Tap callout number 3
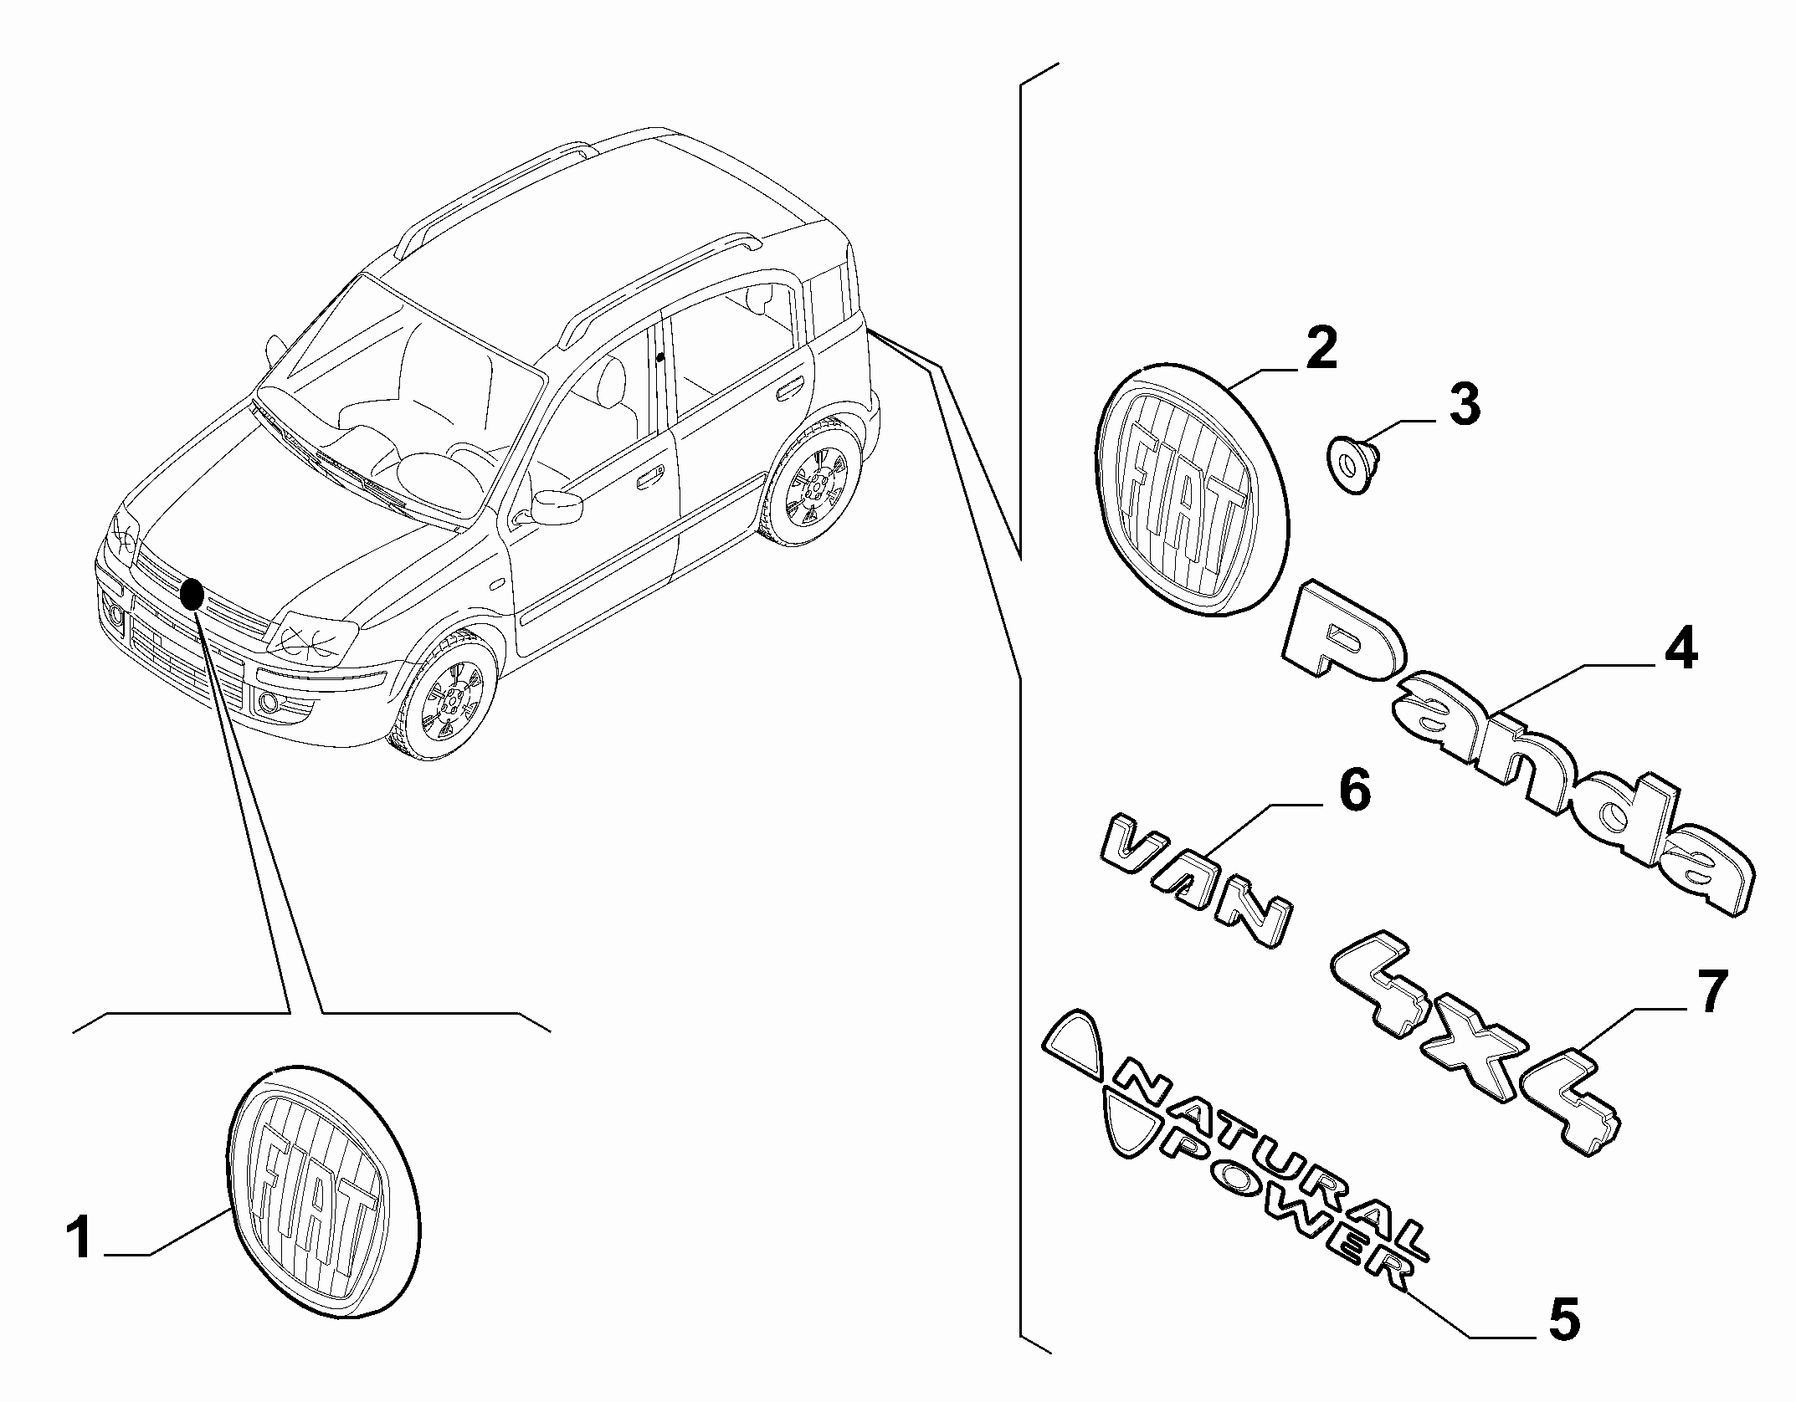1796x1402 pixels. [x=1464, y=405]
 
